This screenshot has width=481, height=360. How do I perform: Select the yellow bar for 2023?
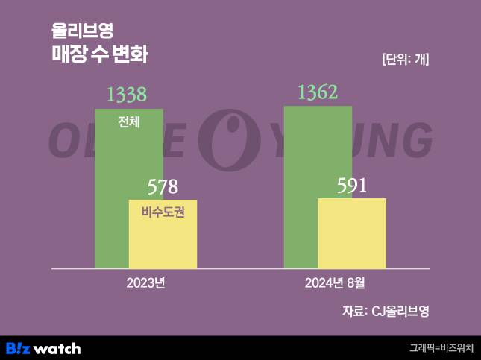163,239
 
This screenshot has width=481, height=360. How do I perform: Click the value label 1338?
127,95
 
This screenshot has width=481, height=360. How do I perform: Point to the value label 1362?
318,92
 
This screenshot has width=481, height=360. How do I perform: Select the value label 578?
163,186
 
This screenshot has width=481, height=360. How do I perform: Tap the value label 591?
351,185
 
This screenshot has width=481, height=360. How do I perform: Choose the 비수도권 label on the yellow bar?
163,212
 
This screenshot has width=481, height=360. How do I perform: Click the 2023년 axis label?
145,283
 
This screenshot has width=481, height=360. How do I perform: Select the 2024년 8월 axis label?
335,283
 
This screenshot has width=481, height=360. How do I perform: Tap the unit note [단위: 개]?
405,60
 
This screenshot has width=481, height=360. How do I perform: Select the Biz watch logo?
43,348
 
